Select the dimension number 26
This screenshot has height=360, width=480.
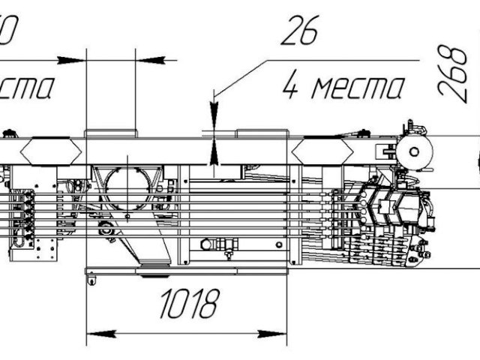pyautogui.click(x=300, y=31)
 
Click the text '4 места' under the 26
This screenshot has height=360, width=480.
pyautogui.click(x=343, y=87)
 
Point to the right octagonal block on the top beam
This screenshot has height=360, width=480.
pyautogui.click(x=323, y=149)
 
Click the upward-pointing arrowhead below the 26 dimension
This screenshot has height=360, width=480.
pyautogui.click(x=215, y=153)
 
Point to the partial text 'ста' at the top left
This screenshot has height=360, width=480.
pyautogui.click(x=26, y=87)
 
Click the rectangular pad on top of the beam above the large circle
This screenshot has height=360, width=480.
pyautogui.click(x=110, y=133)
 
